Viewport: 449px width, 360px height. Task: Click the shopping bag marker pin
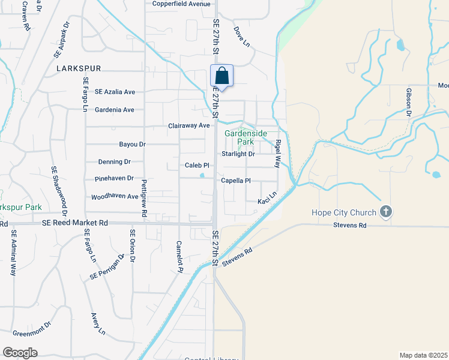[221, 76]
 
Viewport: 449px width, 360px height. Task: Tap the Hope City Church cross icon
[386, 212]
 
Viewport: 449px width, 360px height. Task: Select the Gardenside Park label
[240, 137]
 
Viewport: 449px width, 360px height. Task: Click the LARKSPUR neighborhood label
[79, 69]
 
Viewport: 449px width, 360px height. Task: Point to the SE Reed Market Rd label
[75, 223]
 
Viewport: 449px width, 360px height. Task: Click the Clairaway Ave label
[188, 125]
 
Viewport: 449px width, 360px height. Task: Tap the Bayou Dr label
[133, 145]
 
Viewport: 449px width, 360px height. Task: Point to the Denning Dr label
[114, 162]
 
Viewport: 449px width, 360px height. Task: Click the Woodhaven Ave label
[115, 197]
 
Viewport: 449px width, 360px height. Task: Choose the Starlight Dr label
[238, 154]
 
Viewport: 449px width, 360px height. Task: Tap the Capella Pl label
[236, 180]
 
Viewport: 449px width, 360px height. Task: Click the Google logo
[20, 353]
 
